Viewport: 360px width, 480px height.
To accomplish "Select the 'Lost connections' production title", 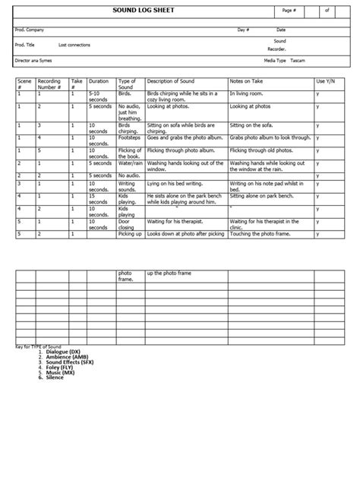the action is tap(74, 45).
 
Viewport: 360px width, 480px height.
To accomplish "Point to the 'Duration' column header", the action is tap(99, 81).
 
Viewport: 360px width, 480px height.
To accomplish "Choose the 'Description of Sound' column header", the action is tap(174, 81).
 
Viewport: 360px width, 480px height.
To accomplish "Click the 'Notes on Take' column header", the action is tap(247, 81).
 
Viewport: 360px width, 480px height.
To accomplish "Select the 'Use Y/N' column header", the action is tap(324, 81).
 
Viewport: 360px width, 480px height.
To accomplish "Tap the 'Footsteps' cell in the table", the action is tap(130, 138).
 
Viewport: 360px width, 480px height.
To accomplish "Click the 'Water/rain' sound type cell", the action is tap(130, 163).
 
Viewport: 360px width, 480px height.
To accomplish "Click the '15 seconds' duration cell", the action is tap(98, 199).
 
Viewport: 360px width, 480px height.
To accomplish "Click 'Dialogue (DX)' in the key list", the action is tap(63, 352).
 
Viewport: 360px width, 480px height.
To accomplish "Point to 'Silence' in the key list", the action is tap(55, 377).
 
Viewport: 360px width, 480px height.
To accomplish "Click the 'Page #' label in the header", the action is tap(289, 11).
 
